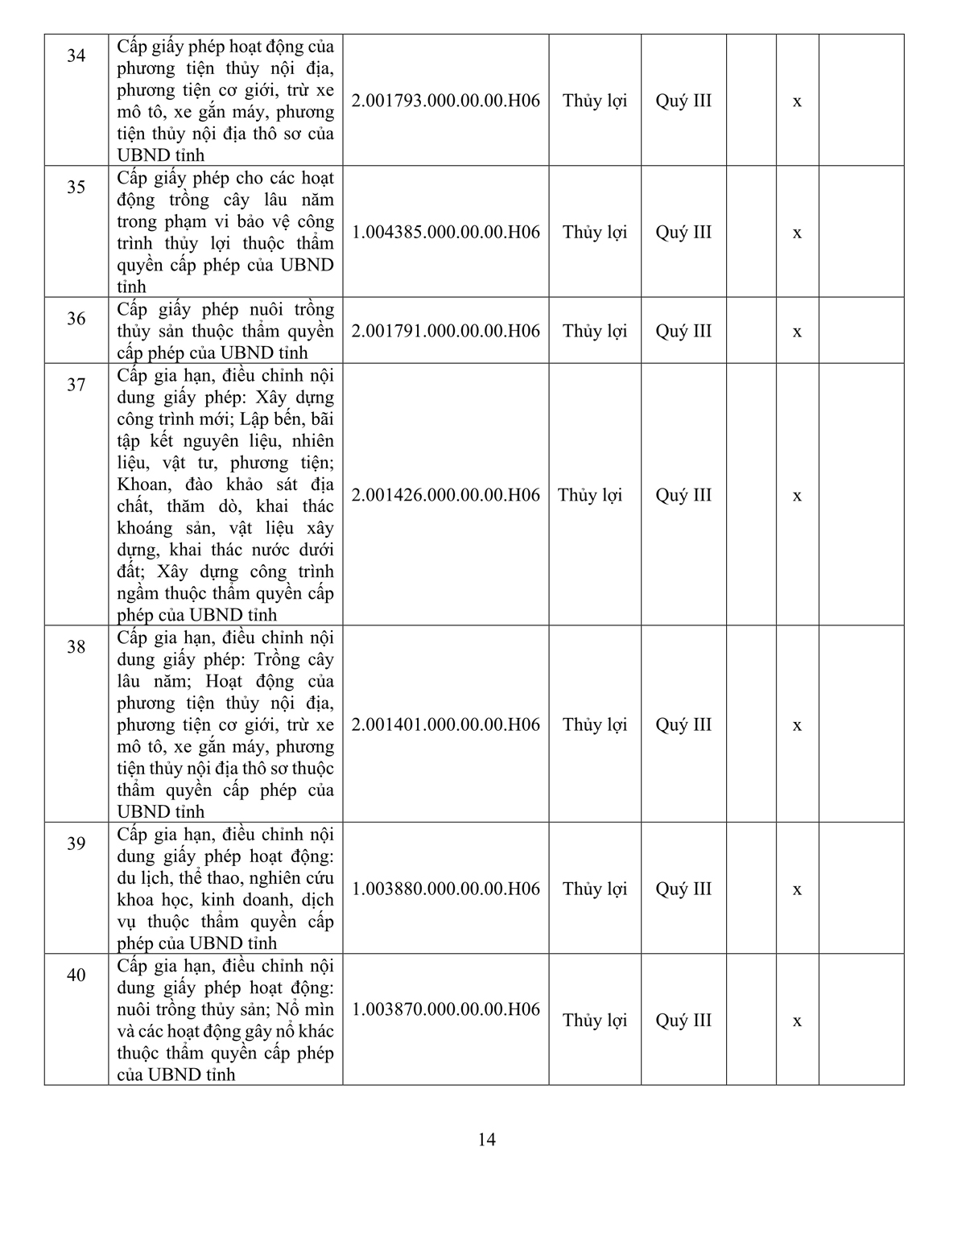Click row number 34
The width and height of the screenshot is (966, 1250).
point(76,56)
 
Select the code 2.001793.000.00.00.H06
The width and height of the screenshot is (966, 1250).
point(446,101)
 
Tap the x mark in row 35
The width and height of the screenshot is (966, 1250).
point(797,233)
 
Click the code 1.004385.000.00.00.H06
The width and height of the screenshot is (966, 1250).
point(446,232)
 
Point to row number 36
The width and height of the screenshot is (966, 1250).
point(76,319)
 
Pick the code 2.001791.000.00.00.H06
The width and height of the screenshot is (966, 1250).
point(446,331)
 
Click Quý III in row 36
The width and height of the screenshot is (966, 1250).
point(683,331)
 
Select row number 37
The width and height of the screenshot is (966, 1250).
point(76,385)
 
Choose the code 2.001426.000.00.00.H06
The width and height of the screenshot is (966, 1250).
point(446,495)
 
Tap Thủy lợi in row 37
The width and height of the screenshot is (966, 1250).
point(590,495)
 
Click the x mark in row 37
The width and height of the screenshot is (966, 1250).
point(797,496)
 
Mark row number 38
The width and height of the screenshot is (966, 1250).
point(76,646)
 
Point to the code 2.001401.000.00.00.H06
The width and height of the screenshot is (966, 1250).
point(446,724)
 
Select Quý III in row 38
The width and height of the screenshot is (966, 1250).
point(683,724)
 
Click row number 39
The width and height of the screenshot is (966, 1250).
point(76,844)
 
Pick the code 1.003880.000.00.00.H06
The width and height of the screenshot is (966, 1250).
point(446,889)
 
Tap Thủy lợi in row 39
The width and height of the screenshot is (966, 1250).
point(595,889)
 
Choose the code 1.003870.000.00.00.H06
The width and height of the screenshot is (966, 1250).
point(446,1009)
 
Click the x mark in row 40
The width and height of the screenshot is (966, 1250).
point(797,1021)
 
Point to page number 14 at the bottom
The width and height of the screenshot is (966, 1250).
point(486,1140)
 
